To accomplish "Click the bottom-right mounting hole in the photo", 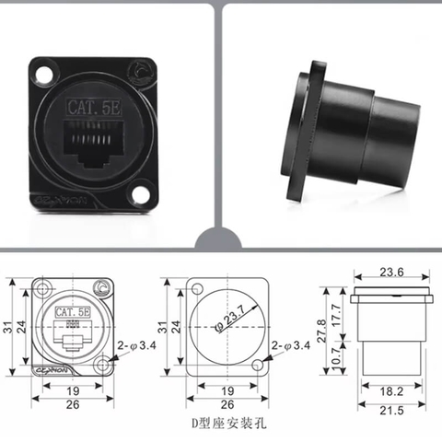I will [x=139, y=194].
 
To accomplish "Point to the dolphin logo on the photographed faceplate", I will [x=140, y=71].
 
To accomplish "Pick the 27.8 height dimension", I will [x=323, y=329].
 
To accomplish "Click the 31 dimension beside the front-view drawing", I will [x=8, y=327].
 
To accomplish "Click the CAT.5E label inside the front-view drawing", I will [x=72, y=313].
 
